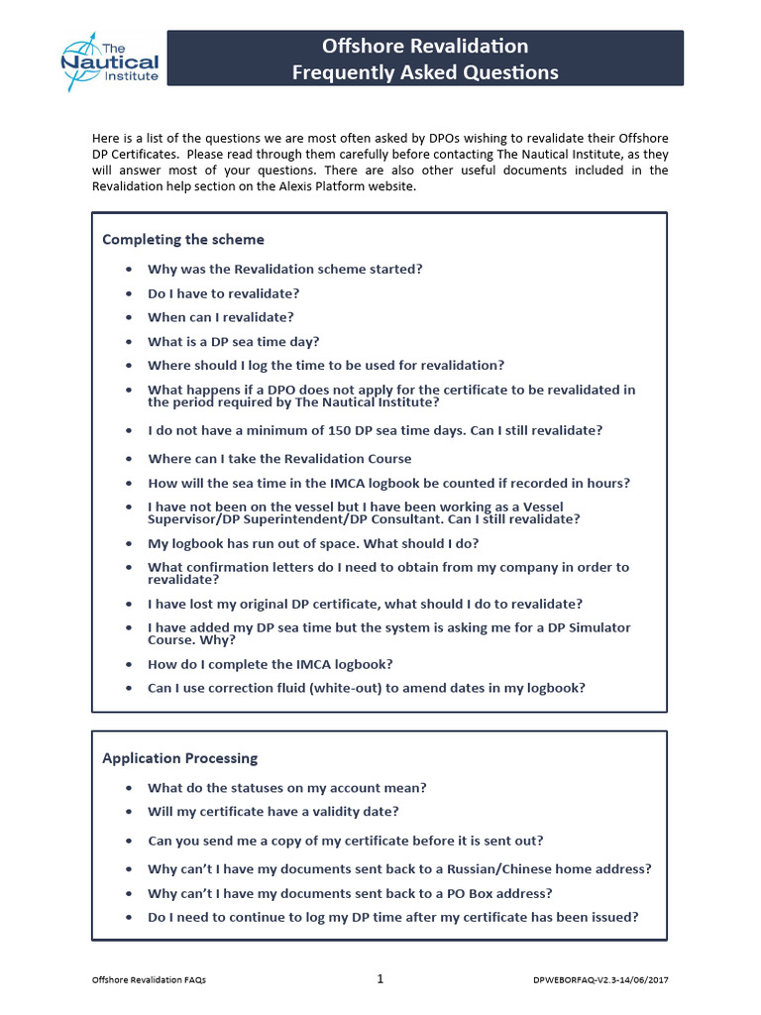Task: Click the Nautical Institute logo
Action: [109, 61]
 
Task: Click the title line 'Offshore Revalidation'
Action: [424, 46]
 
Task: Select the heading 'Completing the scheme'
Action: [183, 239]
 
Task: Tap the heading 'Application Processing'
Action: [179, 758]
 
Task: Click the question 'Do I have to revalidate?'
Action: [223, 293]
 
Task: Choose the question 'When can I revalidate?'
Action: [221, 317]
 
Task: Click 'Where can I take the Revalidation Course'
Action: [279, 459]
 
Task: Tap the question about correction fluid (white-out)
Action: [366, 688]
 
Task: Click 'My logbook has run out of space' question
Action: [313, 544]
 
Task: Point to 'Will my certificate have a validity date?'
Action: [273, 812]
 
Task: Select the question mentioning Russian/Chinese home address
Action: [399, 869]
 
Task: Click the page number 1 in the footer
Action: [380, 979]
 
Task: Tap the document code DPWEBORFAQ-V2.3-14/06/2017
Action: [599, 980]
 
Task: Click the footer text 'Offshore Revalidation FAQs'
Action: [149, 980]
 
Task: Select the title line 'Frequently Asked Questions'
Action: [424, 72]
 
